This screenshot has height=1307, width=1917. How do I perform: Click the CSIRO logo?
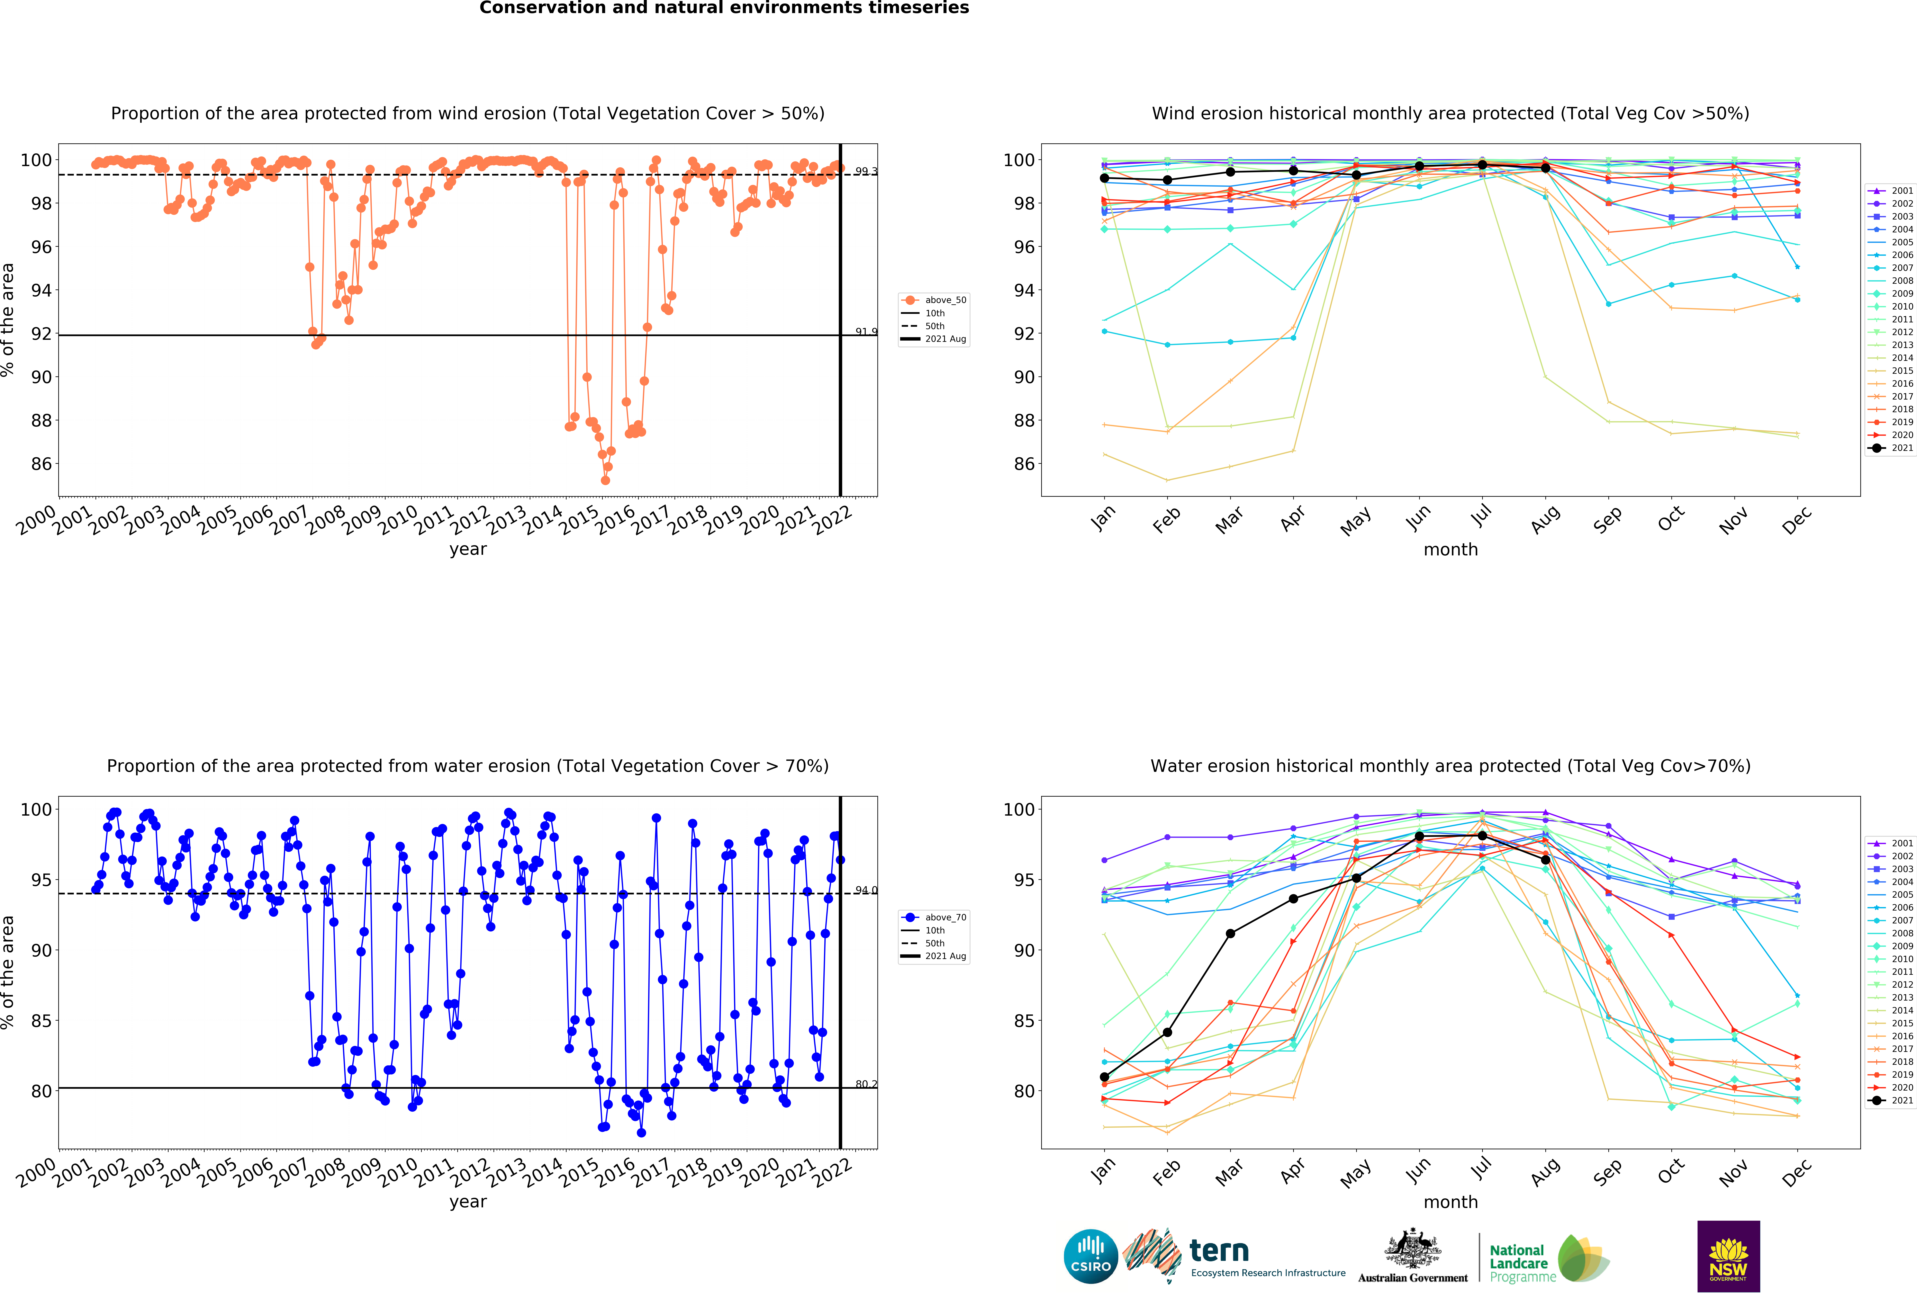[x=1091, y=1257]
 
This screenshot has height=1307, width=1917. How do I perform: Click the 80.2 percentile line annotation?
[x=865, y=1084]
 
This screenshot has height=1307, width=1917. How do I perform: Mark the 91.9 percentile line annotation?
[x=865, y=332]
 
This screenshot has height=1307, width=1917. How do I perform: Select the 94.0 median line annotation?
[x=865, y=890]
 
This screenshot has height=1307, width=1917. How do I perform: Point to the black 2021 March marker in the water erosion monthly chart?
[x=1230, y=933]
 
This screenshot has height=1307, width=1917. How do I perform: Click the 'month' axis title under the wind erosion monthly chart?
[x=1450, y=549]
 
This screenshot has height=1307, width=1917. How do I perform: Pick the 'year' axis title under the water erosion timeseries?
[x=468, y=1201]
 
